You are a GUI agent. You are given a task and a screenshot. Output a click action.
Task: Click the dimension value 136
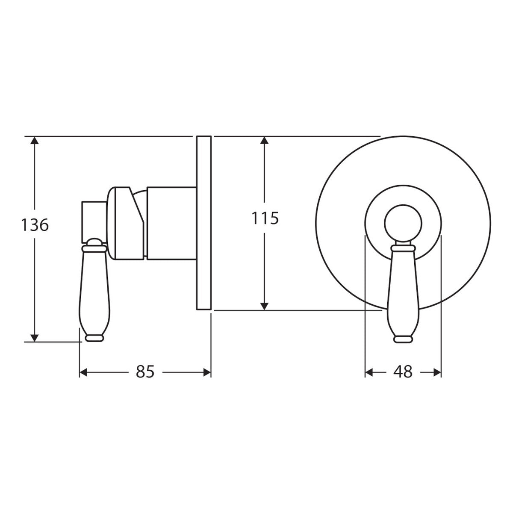click(35, 225)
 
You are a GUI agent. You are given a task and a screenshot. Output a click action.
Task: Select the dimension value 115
click(265, 218)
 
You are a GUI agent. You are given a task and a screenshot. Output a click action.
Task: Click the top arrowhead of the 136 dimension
click(35, 140)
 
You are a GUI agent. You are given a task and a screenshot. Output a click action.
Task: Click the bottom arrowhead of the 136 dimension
click(35, 338)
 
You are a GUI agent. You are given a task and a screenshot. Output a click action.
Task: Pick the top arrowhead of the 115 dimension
click(264, 140)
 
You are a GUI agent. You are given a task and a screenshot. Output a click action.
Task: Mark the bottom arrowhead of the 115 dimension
click(264, 307)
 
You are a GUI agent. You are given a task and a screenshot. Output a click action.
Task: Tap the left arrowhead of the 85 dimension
click(83, 372)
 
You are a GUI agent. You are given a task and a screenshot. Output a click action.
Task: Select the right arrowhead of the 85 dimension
click(207, 372)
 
